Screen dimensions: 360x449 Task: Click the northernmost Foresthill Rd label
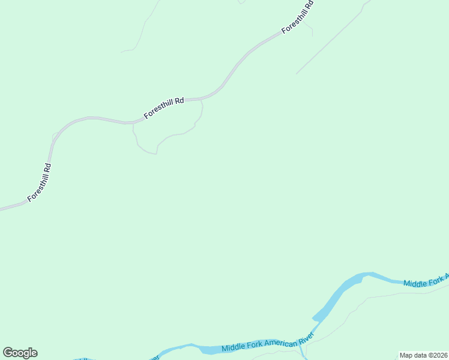coord(298,17)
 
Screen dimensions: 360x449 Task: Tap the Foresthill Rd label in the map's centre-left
coord(163,109)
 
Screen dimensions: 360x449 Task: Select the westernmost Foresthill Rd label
coord(40,182)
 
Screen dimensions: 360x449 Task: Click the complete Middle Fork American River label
coord(268,343)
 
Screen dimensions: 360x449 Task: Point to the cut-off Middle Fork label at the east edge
coord(426,280)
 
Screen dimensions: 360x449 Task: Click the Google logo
coord(20,353)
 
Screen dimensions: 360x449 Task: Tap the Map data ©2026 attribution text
coord(424,355)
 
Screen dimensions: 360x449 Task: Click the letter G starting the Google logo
coord(8,353)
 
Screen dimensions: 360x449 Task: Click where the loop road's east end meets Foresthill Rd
coord(201,101)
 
